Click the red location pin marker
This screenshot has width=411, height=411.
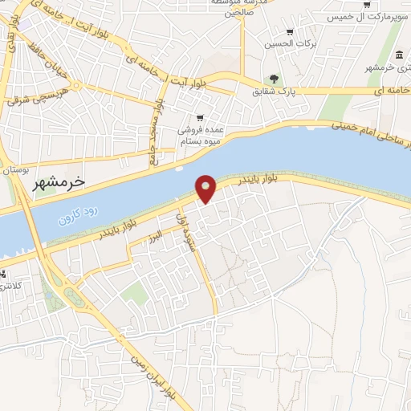pos(206,188)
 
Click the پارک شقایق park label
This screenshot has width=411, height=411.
pos(298,92)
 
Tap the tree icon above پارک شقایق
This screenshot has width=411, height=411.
pos(275,79)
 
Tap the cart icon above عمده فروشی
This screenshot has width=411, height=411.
pos(199,118)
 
